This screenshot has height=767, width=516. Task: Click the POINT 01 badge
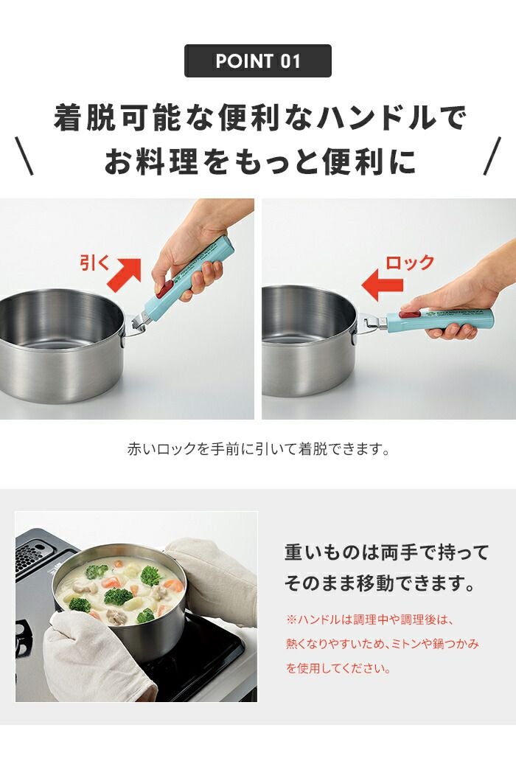257,61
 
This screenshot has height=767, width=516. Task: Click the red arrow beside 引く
125,273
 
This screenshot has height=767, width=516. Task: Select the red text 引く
94,263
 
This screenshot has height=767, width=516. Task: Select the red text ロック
410,263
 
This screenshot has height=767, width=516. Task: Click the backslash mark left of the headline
25,156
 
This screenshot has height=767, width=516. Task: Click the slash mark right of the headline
492,156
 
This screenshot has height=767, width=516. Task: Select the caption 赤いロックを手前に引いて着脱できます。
258,448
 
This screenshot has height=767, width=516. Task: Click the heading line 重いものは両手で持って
386,552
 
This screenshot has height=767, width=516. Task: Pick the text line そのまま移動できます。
379,585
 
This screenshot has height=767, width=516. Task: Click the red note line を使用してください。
338,669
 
